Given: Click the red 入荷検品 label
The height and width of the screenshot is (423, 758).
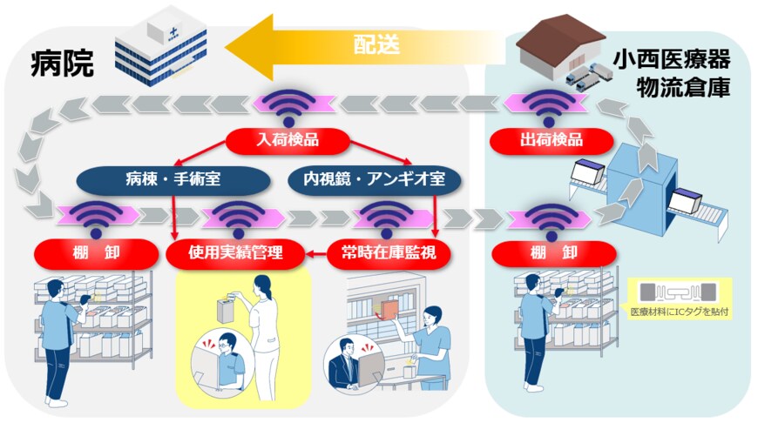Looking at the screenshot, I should [287, 139].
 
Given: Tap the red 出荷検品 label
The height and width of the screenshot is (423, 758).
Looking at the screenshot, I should [548, 139].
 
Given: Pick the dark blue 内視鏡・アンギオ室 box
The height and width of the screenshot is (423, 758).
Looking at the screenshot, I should [375, 180].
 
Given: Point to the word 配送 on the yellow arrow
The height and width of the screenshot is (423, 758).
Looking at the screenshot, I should [376, 44].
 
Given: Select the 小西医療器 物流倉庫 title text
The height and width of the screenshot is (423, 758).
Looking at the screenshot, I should [670, 74].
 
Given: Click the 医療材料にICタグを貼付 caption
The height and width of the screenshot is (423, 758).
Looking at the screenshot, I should [680, 311].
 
